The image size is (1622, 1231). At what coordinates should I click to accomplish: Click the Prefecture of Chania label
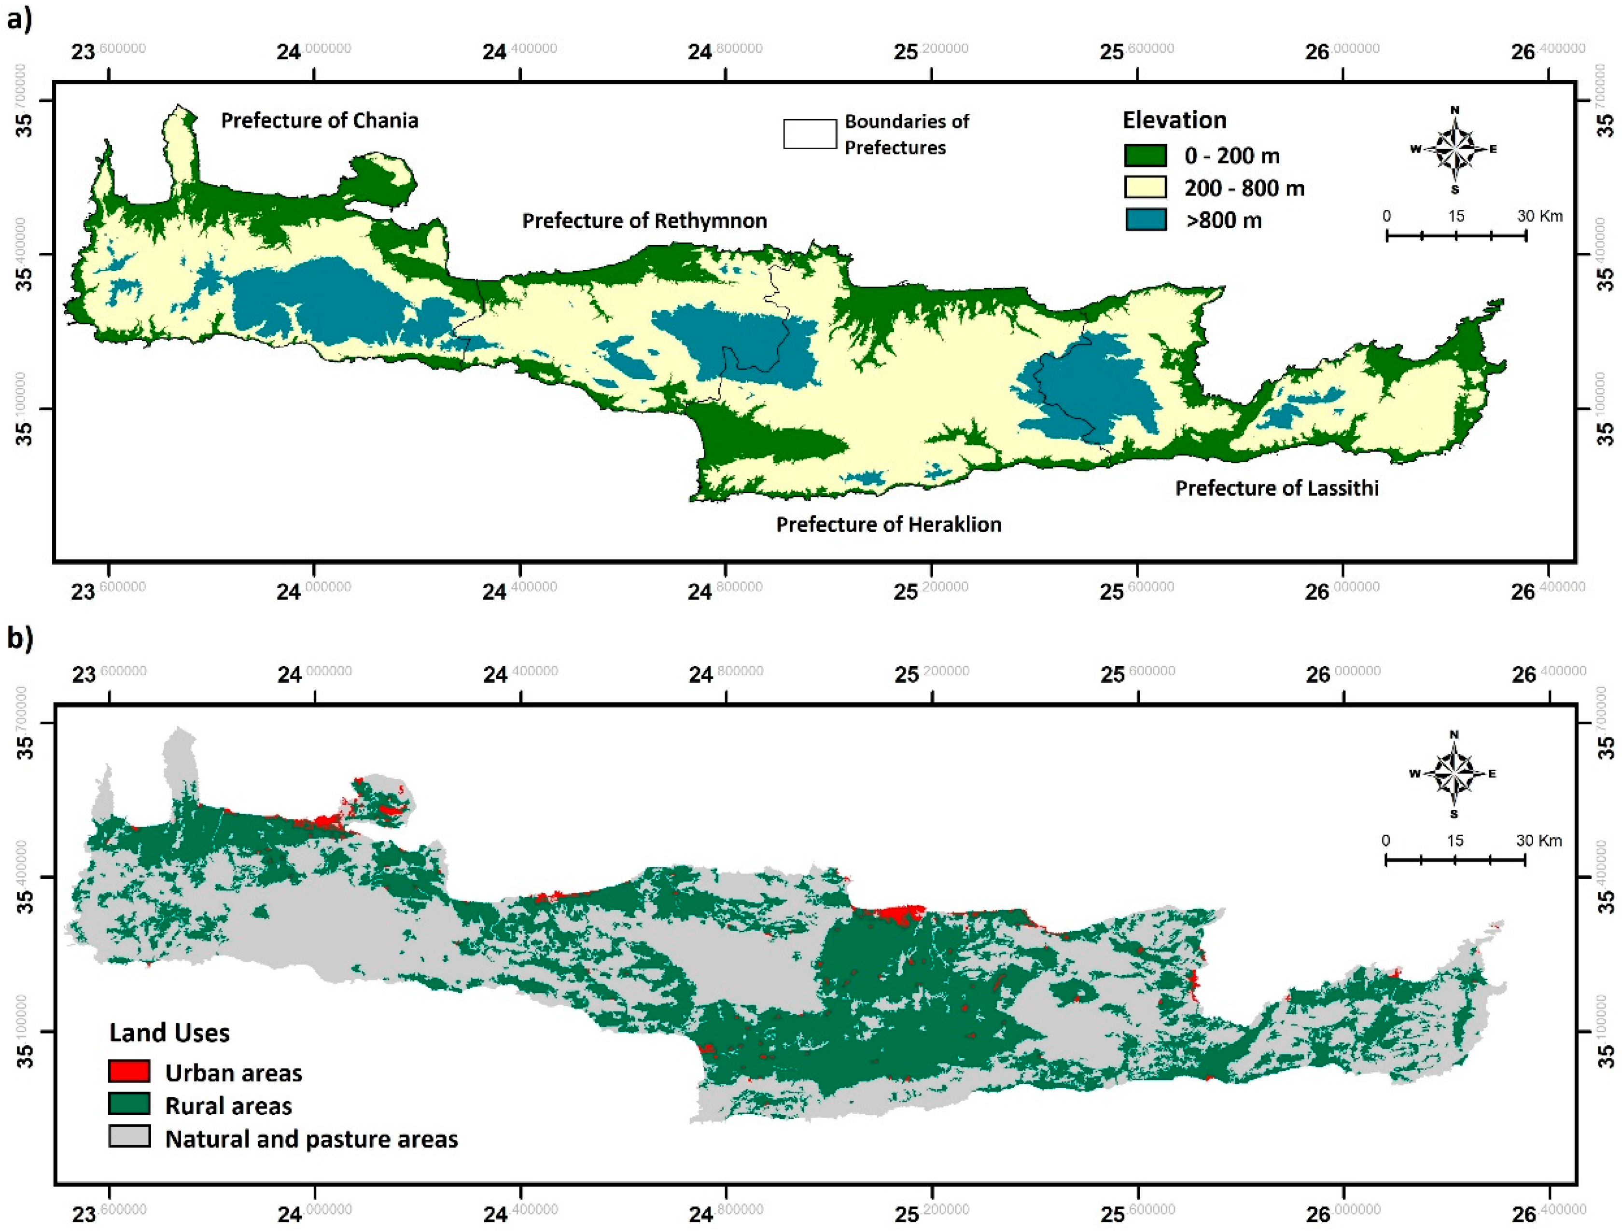pos(319,120)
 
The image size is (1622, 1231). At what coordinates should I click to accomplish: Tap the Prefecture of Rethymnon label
pos(644,221)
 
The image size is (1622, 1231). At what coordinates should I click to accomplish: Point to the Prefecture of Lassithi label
pos(1277,488)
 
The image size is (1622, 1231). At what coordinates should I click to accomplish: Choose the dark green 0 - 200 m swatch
pos(1146,155)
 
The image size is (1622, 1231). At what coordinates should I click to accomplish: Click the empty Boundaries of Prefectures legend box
pos(810,134)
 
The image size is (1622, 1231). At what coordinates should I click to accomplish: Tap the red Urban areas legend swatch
pos(129,1071)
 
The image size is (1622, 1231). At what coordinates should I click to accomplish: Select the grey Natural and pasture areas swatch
pos(129,1136)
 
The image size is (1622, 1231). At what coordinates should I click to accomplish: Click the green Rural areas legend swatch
pos(129,1104)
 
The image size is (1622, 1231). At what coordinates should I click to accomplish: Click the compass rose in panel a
pos(1454,150)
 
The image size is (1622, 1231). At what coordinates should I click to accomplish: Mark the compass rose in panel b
pos(1454,774)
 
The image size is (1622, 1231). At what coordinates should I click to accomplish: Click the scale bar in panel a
pos(1455,235)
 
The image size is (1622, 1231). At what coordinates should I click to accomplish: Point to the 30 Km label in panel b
pos(1538,840)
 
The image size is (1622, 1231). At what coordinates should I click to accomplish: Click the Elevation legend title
pos(1174,120)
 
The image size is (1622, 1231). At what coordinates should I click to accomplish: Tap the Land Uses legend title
pos(169,1032)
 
